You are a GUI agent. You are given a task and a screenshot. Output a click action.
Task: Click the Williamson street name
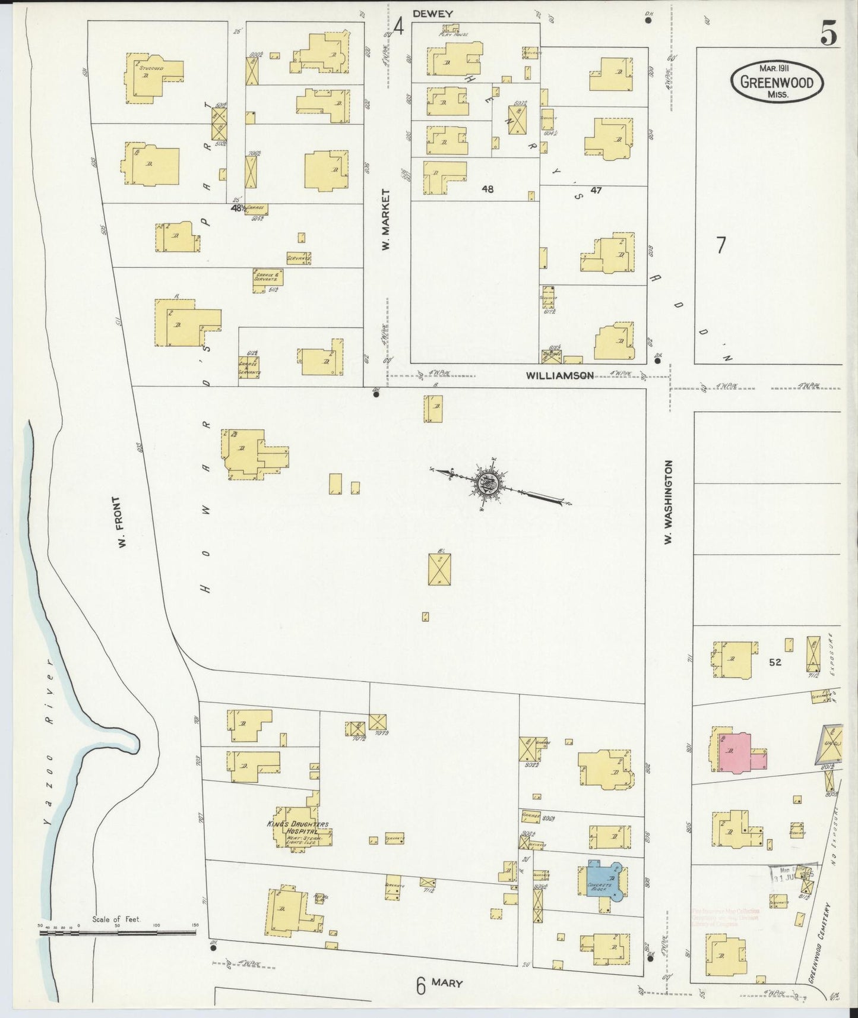click(x=560, y=375)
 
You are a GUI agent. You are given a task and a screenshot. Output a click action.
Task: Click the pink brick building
click(x=739, y=753)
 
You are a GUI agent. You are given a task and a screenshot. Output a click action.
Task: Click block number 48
click(x=487, y=189)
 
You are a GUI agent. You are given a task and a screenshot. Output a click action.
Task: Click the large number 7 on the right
click(x=721, y=245)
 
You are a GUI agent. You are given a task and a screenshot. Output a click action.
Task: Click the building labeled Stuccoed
click(x=154, y=74)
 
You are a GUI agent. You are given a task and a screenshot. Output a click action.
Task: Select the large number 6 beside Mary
click(x=420, y=987)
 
